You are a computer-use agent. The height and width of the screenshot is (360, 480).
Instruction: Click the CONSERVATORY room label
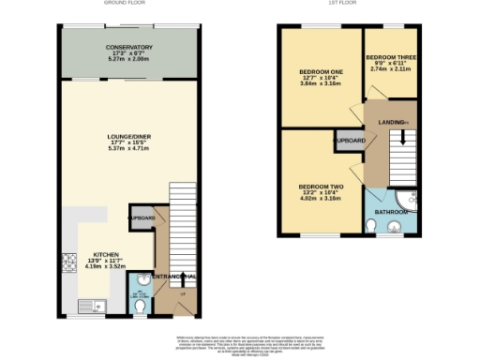click(129, 47)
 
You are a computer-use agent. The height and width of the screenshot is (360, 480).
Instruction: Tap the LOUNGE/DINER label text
click(129, 137)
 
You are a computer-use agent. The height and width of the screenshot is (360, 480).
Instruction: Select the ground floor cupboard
click(142, 218)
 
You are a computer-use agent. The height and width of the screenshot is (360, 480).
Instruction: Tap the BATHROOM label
click(390, 213)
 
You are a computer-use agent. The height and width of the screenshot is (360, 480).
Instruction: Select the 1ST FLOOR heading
click(348, 4)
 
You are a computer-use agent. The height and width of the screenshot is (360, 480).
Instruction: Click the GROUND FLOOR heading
click(130, 4)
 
